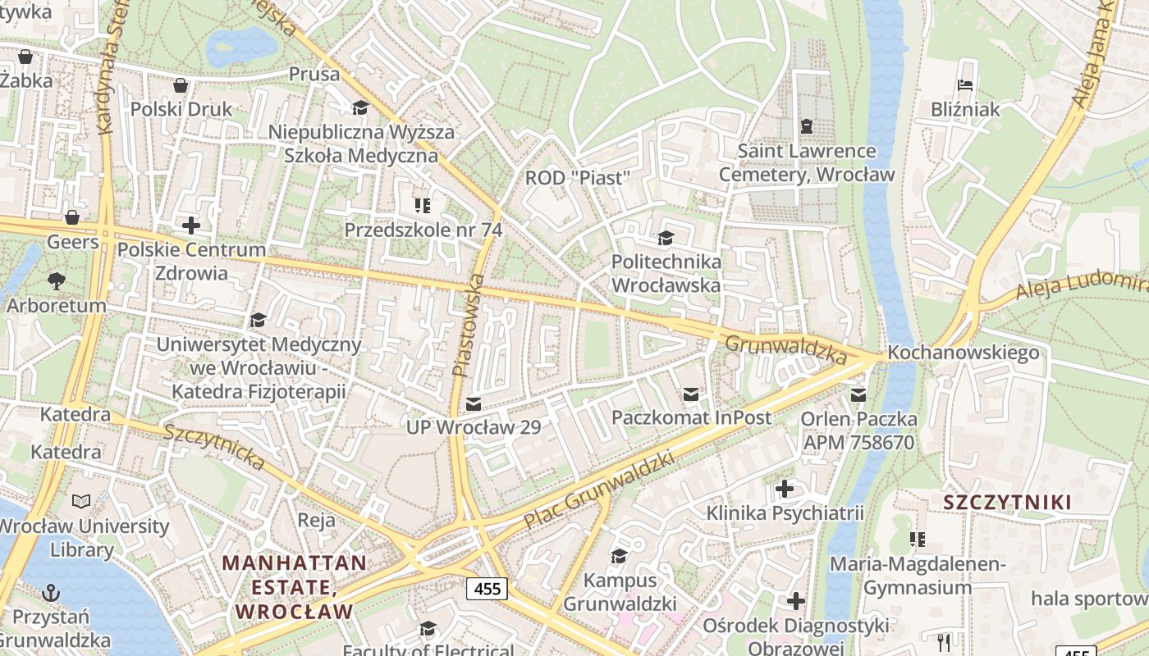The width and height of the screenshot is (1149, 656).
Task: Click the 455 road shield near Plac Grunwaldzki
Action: (488, 588)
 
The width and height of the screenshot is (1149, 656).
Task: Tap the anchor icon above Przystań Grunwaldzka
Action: (52, 592)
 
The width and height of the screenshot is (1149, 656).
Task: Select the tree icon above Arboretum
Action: (57, 281)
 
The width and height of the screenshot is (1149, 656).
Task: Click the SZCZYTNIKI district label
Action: (1007, 503)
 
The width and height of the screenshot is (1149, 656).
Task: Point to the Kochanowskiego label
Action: (964, 353)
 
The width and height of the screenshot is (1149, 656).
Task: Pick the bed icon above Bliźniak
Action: (965, 85)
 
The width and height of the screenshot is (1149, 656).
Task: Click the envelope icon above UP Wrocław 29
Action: (474, 403)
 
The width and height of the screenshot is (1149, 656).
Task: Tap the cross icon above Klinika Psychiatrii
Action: (785, 490)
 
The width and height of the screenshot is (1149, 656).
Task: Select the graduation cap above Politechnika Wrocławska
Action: (666, 239)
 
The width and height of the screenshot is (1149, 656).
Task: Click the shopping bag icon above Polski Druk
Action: (181, 85)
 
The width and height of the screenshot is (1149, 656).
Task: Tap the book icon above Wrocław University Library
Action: (81, 501)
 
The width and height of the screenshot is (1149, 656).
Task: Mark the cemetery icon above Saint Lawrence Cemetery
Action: (807, 127)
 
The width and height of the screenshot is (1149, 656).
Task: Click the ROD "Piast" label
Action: (577, 178)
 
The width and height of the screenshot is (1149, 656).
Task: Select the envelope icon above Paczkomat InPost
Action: (691, 394)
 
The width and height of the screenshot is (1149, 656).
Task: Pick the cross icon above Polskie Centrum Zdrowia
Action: (191, 225)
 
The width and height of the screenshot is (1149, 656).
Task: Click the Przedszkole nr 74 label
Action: (423, 230)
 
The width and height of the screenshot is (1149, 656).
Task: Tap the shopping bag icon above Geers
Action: (72, 217)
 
